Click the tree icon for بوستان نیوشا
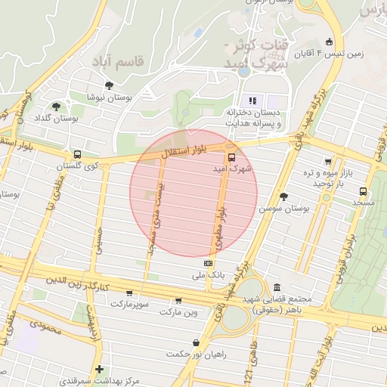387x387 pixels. click(x=110, y=85)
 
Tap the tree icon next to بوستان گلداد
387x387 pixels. click(x=56, y=107)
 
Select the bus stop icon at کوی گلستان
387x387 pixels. click(x=78, y=154)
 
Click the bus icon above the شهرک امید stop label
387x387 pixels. click(x=231, y=150)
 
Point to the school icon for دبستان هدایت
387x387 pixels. click(x=252, y=101)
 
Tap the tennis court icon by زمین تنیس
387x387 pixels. click(x=327, y=42)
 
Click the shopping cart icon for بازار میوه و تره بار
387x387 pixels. click(x=327, y=161)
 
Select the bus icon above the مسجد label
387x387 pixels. click(x=363, y=192)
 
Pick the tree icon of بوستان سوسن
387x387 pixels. click(x=283, y=196)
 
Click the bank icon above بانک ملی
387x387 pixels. click(x=208, y=262)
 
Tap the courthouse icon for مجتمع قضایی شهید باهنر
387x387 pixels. click(x=277, y=288)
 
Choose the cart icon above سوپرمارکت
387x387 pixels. click(x=129, y=293)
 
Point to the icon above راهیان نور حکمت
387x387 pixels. click(x=197, y=342)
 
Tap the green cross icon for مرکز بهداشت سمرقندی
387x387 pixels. click(x=99, y=369)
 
